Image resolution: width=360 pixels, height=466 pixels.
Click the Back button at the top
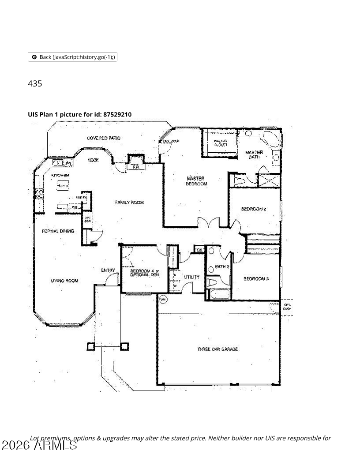(72, 57)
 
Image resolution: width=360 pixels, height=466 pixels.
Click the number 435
(35, 83)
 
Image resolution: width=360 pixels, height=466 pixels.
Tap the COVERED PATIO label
(104, 138)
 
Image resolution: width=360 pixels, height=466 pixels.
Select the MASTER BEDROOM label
(195, 181)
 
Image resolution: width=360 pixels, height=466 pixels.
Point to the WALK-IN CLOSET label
(221, 143)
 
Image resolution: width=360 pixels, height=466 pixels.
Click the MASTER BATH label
(254, 154)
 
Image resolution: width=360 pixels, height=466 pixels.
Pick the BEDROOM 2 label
(254, 209)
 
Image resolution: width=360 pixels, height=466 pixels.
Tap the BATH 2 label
(222, 267)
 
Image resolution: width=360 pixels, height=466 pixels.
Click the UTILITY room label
(191, 277)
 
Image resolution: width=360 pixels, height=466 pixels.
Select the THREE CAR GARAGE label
(218, 349)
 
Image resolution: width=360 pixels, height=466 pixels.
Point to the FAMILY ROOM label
(129, 203)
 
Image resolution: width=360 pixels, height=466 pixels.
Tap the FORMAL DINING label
(58, 231)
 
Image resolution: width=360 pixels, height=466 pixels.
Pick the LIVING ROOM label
(64, 281)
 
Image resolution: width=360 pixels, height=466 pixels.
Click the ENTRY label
(108, 271)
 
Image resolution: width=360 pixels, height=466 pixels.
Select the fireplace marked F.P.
(136, 167)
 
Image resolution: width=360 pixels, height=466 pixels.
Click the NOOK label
(93, 160)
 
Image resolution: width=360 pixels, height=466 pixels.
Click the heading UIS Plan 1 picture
(79, 115)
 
